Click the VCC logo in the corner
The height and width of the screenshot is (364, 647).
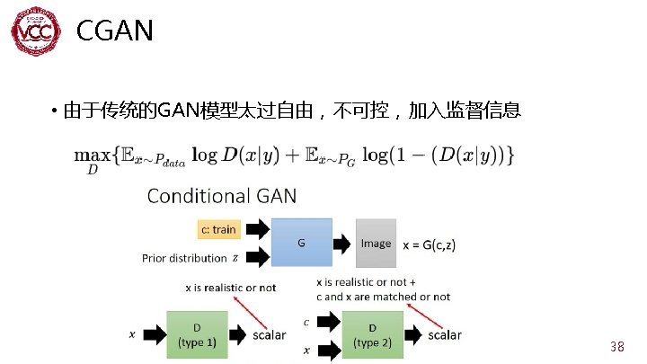tap(37, 34)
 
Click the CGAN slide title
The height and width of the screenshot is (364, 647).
tap(115, 32)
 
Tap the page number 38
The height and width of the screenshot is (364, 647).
tap(616, 347)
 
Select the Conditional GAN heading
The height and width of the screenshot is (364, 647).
tap(221, 195)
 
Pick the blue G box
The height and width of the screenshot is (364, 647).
tap(300, 242)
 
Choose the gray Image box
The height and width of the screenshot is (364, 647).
tap(376, 243)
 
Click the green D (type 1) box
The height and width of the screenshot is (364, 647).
tap(197, 334)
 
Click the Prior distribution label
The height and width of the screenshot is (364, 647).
tap(184, 259)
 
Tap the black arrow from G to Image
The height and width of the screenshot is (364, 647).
tap(343, 243)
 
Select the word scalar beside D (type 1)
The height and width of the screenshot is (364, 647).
tap(269, 335)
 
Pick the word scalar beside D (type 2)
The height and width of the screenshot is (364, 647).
tap(444, 335)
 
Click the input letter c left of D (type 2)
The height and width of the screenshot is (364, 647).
tap(307, 322)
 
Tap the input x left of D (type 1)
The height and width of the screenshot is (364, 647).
tap(133, 334)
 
